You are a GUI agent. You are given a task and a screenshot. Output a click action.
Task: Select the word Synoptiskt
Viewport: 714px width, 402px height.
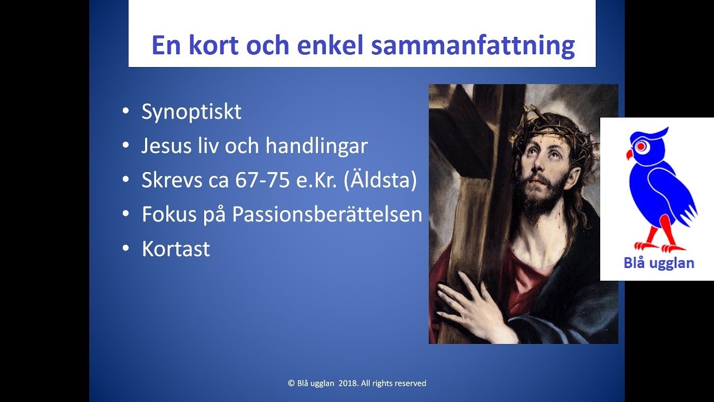point(191,112)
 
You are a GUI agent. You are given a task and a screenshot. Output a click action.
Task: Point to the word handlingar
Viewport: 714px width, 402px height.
point(316,146)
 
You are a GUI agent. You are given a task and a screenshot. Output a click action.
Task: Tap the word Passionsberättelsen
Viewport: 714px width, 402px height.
point(327,214)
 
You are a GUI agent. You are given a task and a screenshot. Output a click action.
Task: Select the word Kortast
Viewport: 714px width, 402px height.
point(176,248)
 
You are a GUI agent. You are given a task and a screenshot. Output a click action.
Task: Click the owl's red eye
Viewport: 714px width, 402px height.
point(642,146)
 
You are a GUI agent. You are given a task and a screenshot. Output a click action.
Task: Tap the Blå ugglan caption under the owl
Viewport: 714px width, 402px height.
point(658,263)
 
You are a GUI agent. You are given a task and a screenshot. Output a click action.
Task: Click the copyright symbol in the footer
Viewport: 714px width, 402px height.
point(291,383)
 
